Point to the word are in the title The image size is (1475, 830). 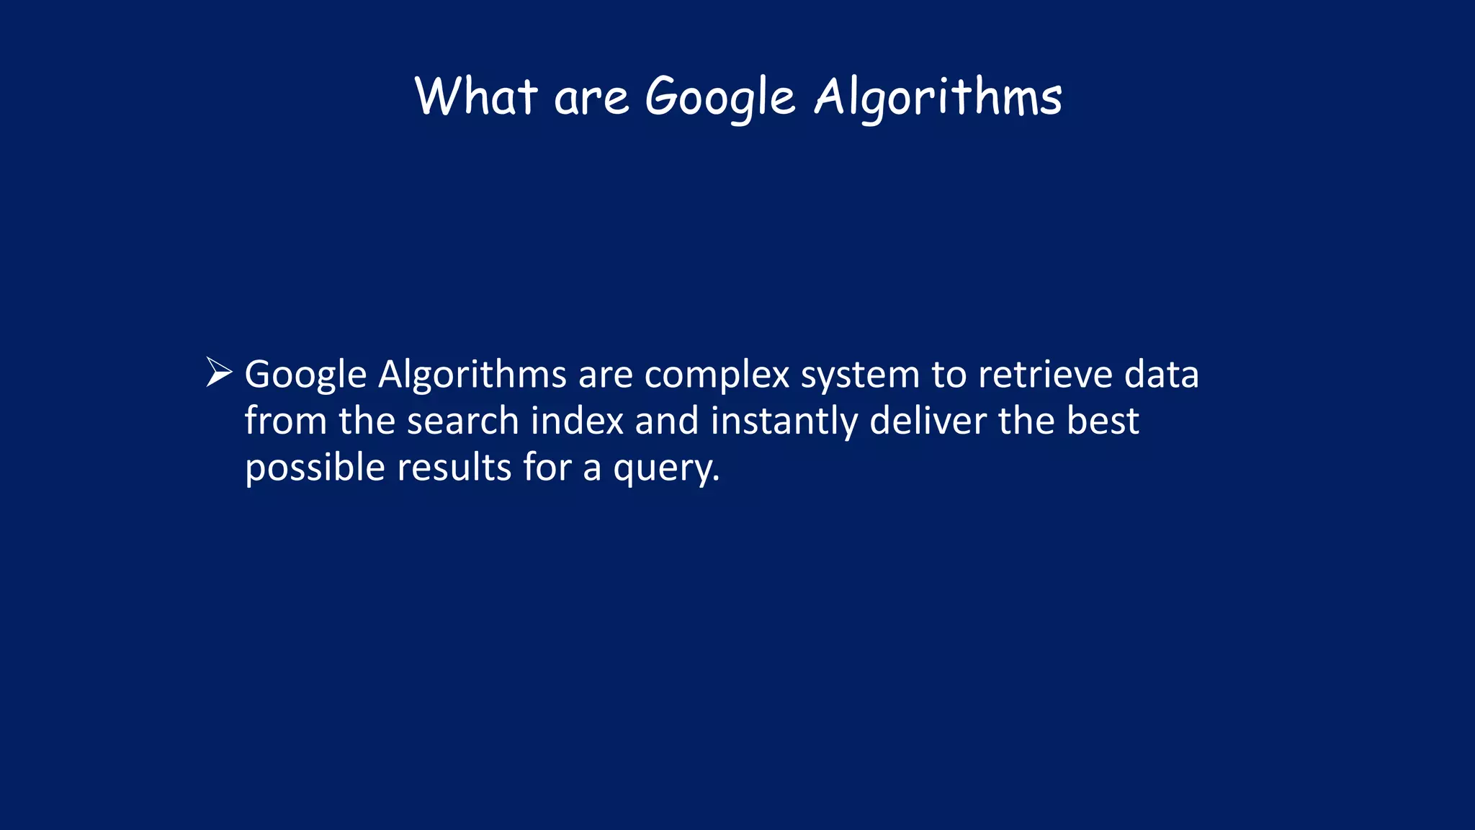(591, 99)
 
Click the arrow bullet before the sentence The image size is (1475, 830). (219, 372)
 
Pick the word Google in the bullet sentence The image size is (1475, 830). (306, 375)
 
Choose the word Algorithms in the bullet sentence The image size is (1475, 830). (472, 375)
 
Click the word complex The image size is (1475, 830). (717, 375)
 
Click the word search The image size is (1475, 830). (462, 421)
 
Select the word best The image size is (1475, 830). (1103, 421)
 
